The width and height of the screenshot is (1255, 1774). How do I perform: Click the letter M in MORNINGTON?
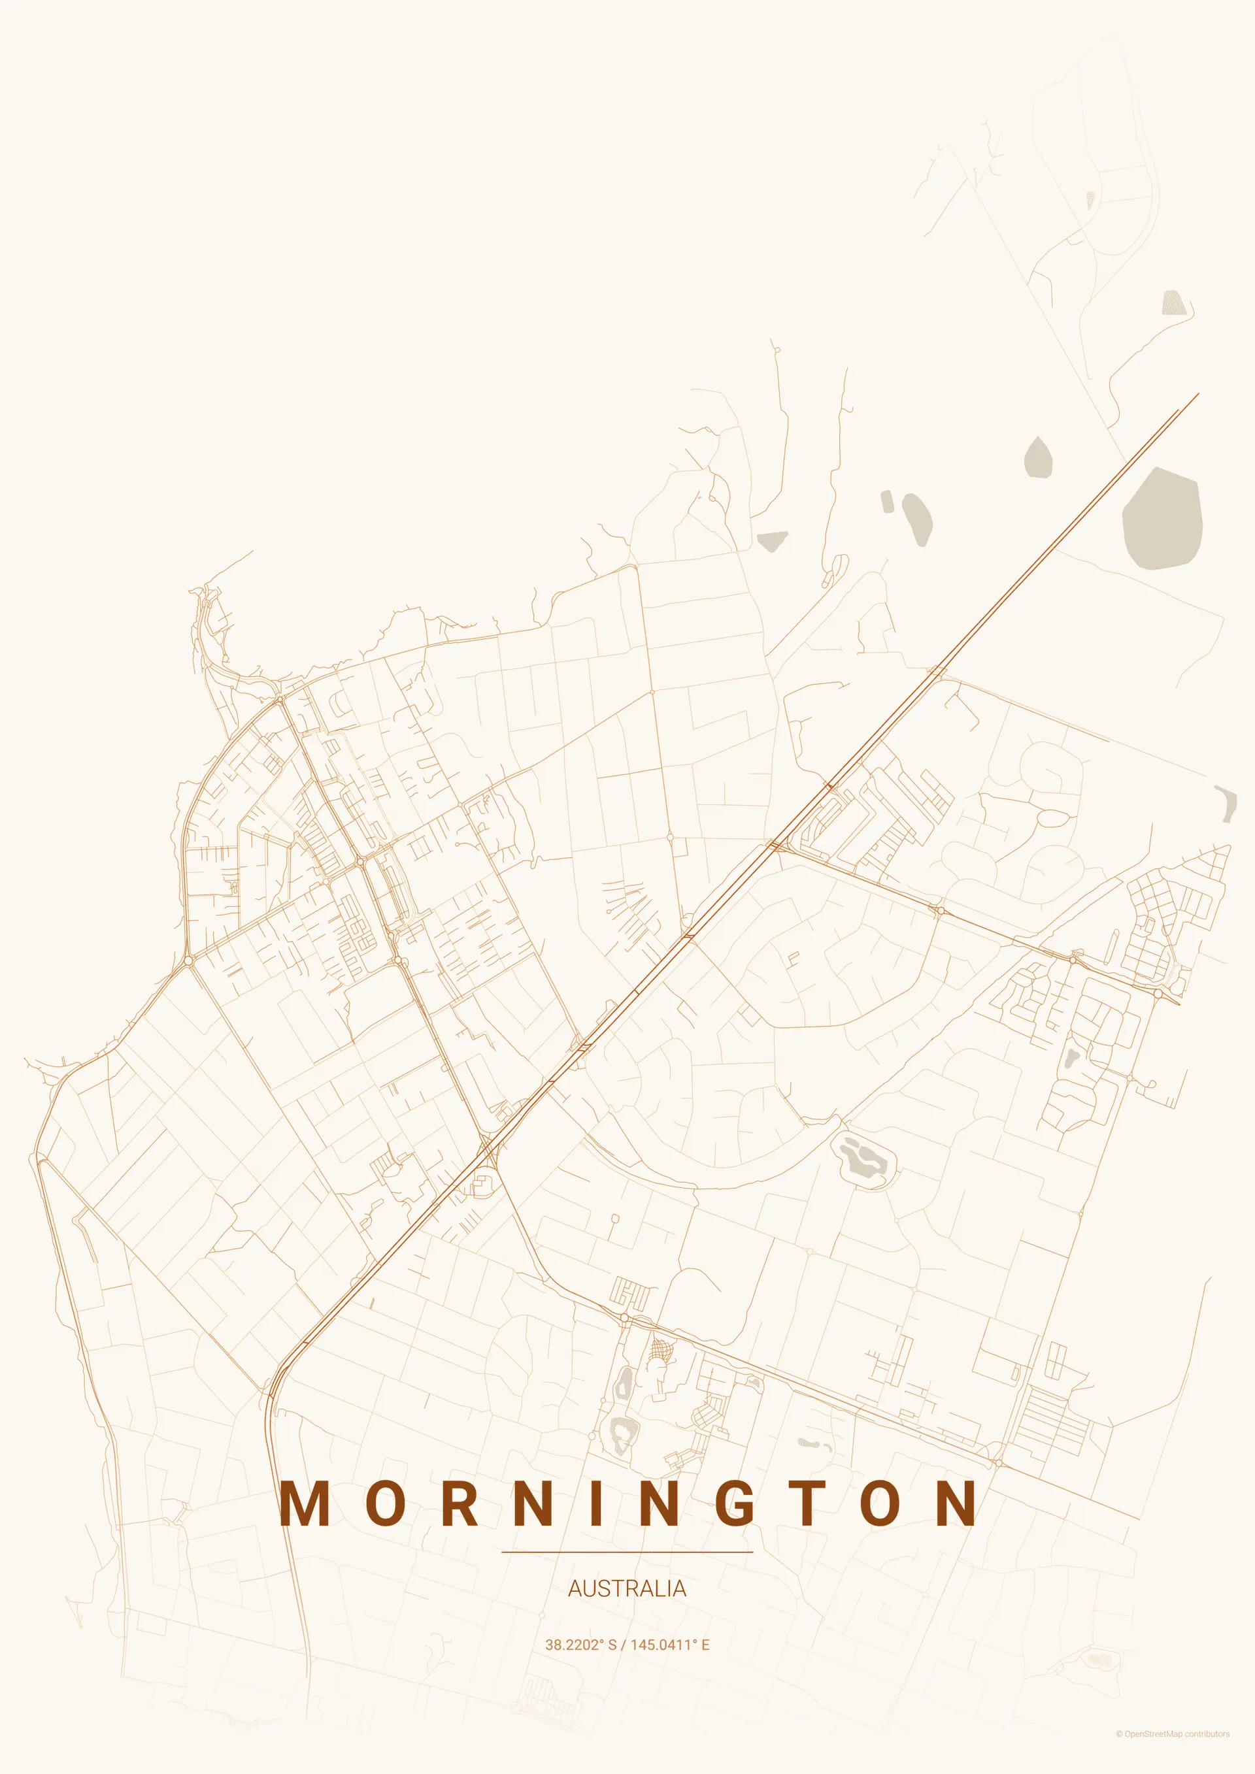click(x=305, y=1503)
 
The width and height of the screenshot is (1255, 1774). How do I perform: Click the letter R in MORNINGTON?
click(x=459, y=1503)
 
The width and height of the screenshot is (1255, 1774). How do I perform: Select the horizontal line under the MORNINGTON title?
click(x=627, y=1551)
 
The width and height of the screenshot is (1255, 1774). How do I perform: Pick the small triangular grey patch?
click(x=772, y=540)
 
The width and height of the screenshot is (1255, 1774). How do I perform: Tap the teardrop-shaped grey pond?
click(x=1038, y=458)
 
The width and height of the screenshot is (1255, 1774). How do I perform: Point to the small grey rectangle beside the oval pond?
click(x=887, y=501)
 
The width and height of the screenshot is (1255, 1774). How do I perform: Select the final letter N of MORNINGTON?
click(x=954, y=1503)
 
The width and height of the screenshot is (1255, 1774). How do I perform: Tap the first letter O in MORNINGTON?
click(x=382, y=1503)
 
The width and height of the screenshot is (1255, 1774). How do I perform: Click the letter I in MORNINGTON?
click(x=596, y=1503)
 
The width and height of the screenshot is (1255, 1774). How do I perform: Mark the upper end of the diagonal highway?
click(x=1197, y=394)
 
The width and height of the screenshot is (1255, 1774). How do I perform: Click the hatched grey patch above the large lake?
click(x=1172, y=302)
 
